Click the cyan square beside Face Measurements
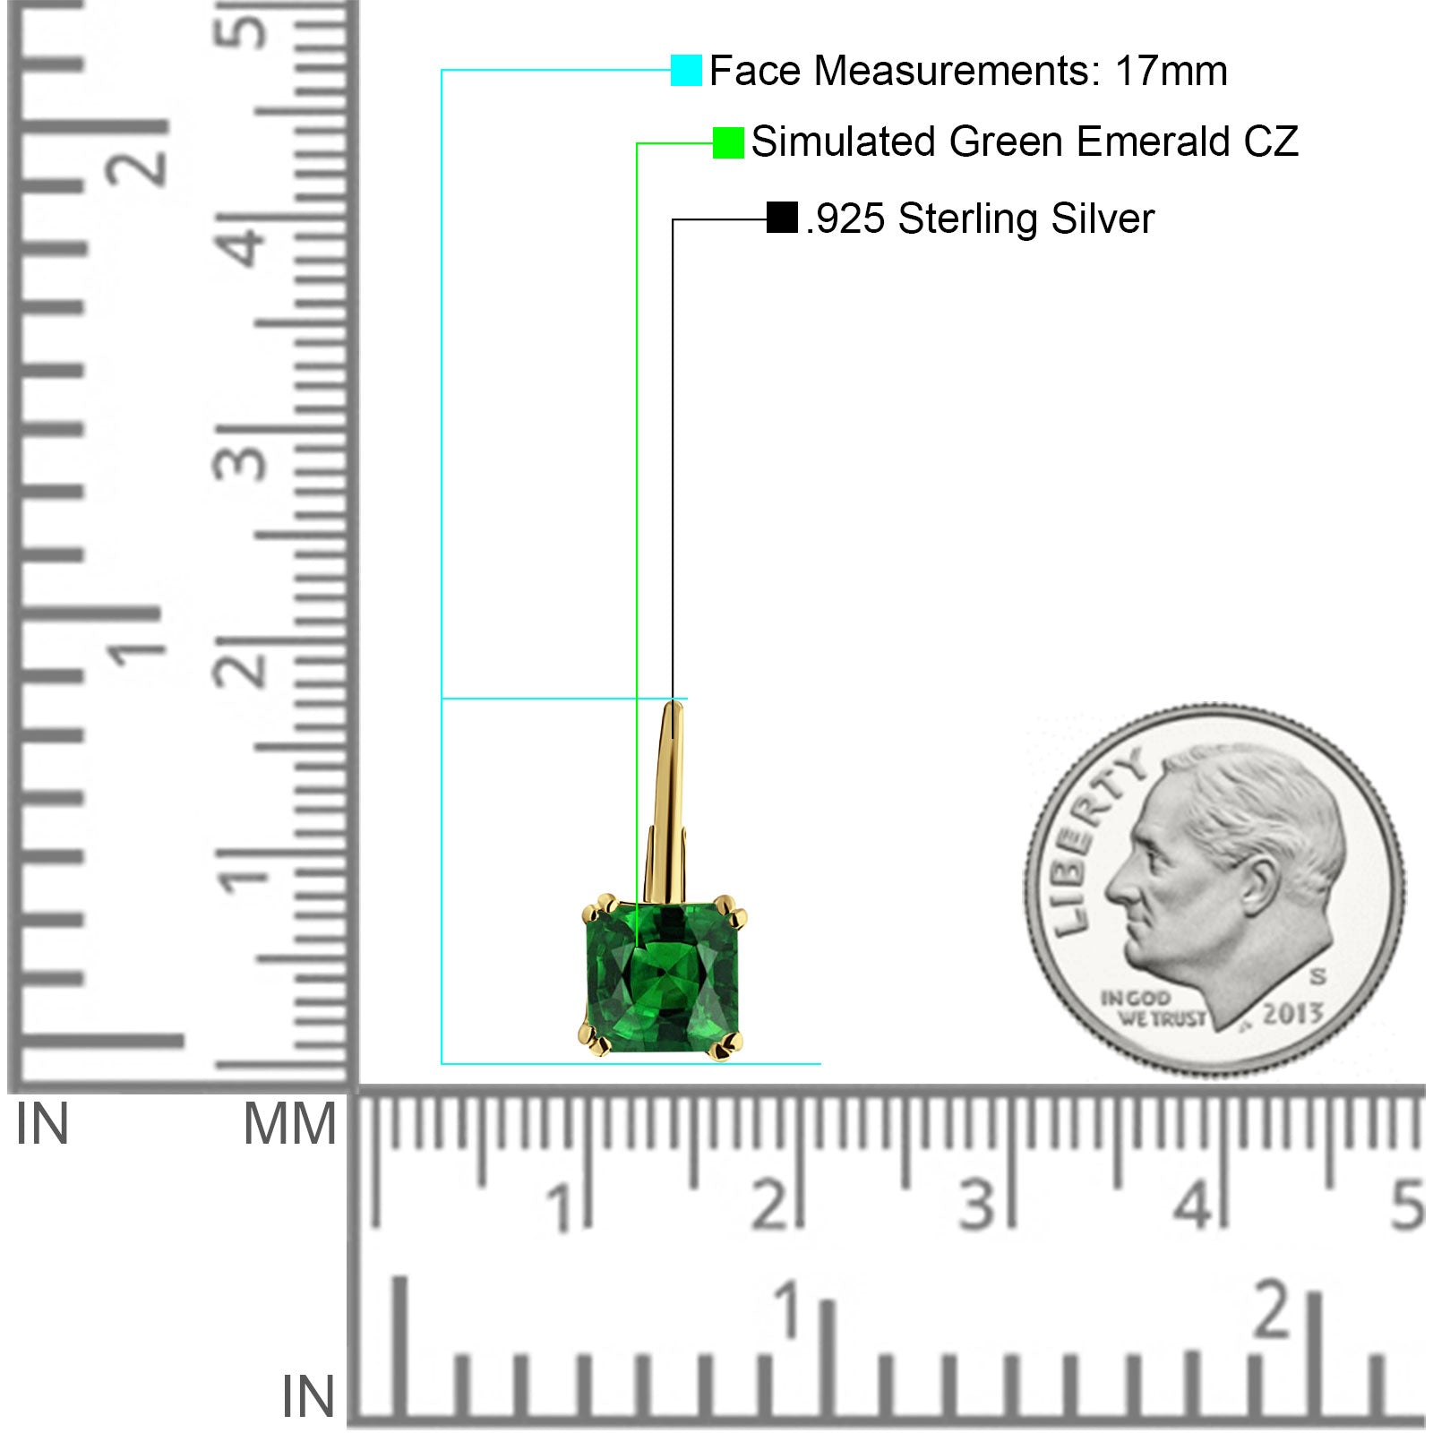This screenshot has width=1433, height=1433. point(686,70)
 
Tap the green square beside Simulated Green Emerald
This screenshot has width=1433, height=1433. point(728,142)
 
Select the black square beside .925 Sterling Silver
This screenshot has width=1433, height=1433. point(782,218)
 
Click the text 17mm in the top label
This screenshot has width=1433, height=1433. point(1171,71)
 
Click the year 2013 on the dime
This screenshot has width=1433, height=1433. point(1292,1013)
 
